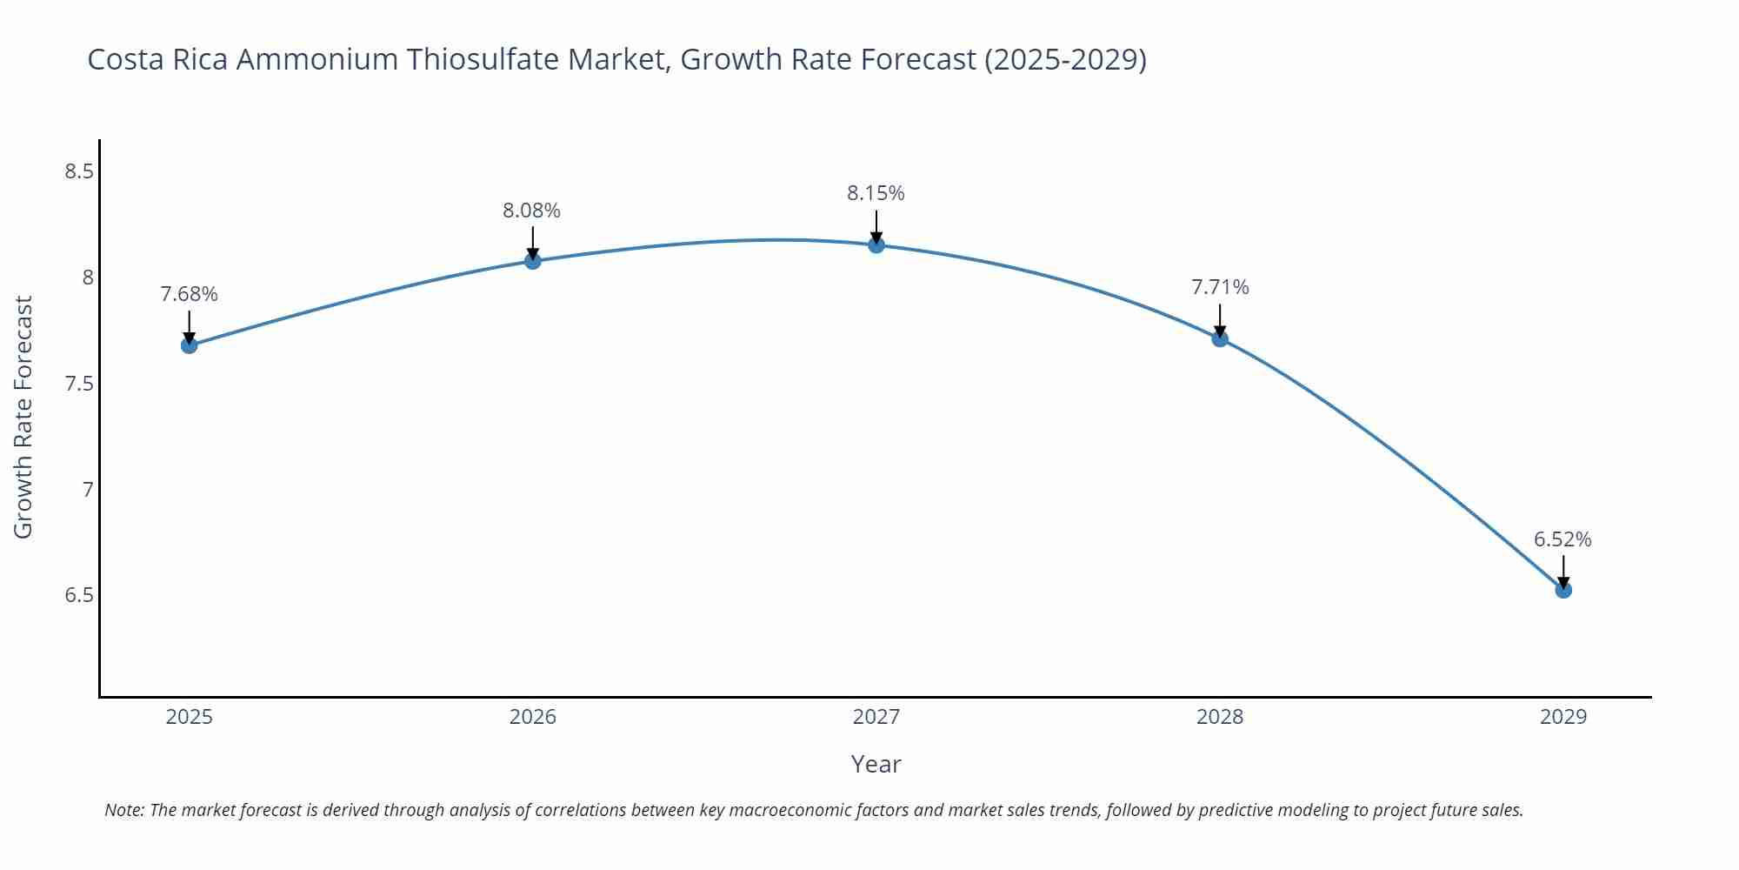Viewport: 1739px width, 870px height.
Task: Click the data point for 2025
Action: coord(189,345)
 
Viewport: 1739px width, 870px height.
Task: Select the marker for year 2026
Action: coord(533,261)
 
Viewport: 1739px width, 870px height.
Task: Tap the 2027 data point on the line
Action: coord(876,245)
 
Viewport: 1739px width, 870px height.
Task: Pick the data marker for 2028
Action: coord(1220,338)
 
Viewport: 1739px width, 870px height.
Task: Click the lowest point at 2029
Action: coord(1563,590)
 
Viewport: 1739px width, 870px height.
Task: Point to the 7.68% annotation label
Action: coord(189,294)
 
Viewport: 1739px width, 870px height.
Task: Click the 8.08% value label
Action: coord(531,211)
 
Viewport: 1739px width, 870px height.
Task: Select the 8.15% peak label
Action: coord(876,193)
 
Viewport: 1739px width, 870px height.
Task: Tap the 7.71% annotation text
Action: coord(1220,287)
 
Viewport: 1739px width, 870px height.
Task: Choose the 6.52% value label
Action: coord(1562,539)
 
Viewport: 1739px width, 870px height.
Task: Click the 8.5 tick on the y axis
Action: coord(79,171)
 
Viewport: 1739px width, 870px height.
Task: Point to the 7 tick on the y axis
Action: coord(87,490)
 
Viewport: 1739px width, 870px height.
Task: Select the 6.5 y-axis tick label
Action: coord(79,596)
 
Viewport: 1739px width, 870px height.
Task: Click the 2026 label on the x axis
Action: coord(532,717)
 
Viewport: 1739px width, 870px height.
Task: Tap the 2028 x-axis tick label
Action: coord(1220,717)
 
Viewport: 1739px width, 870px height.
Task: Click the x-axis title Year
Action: coord(876,764)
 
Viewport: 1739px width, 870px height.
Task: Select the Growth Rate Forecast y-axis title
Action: coord(23,418)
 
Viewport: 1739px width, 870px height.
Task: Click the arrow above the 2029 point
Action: coord(1563,570)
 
